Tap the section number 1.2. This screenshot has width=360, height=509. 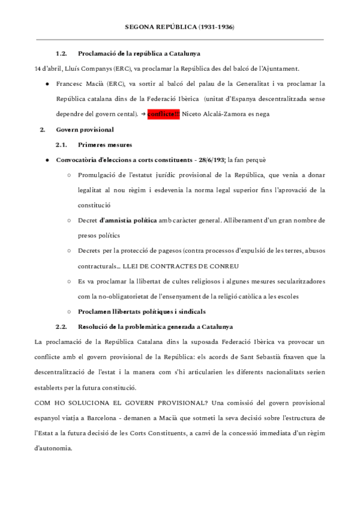pos(62,54)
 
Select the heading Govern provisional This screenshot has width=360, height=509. pos(85,130)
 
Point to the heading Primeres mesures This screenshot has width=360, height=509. pos(105,145)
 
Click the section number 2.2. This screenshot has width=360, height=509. pos(62,327)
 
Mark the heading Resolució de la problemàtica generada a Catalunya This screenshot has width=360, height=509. pos(155,327)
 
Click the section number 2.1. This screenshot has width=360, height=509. pos(62,145)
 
